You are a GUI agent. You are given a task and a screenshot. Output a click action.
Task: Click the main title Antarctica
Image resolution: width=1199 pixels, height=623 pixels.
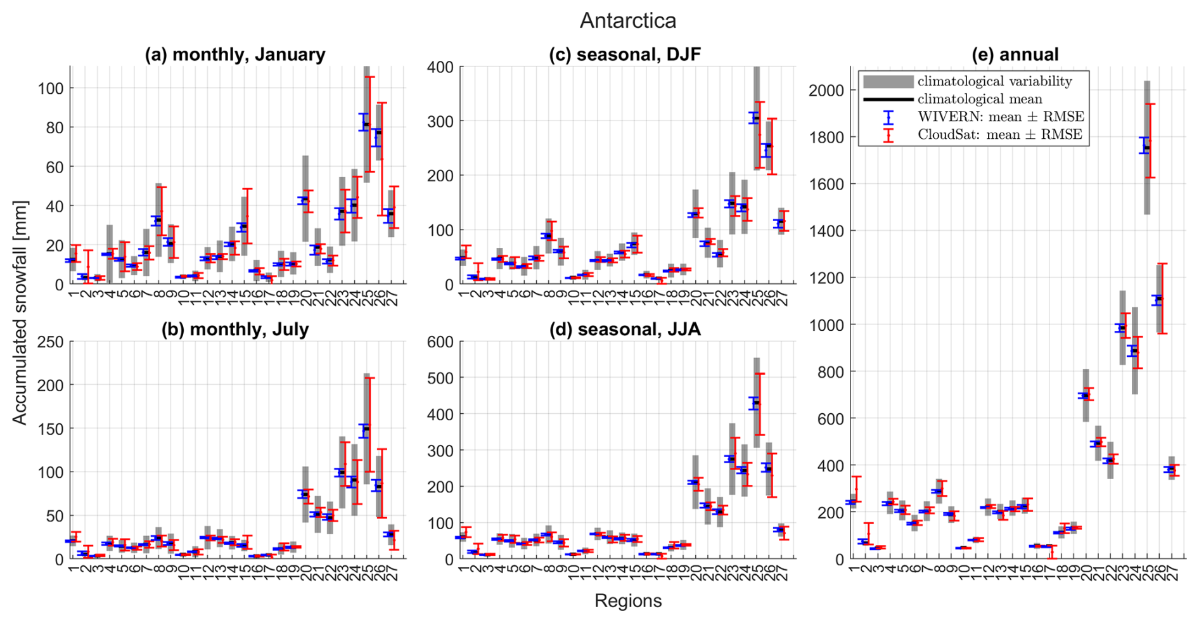(x=627, y=20)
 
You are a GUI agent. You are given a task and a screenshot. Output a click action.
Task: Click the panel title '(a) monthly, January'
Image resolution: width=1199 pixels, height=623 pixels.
(x=235, y=55)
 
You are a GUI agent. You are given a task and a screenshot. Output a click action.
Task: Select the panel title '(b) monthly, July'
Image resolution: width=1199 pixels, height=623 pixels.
(x=235, y=330)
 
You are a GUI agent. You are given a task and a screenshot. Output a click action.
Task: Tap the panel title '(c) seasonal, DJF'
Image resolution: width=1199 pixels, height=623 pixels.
(x=625, y=55)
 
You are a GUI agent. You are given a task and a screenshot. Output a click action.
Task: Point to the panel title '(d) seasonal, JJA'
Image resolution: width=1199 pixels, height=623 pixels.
(x=625, y=330)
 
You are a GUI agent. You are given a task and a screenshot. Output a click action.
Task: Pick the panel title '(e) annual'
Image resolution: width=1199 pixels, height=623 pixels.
(x=1015, y=55)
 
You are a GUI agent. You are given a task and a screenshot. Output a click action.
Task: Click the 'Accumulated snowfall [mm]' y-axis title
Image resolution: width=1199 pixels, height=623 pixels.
(x=20, y=312)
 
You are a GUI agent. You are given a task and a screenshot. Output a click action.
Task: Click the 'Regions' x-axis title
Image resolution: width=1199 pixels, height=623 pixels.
(x=627, y=601)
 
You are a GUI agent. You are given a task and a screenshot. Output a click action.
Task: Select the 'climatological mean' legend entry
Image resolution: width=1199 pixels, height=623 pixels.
(x=980, y=99)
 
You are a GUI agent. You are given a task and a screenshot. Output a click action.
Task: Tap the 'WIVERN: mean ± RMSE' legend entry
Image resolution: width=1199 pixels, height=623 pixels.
(x=1001, y=117)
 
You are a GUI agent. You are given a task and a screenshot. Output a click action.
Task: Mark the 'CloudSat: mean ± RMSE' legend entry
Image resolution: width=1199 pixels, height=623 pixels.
(x=999, y=134)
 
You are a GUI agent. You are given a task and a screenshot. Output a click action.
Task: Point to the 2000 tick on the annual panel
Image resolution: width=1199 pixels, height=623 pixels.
(x=826, y=90)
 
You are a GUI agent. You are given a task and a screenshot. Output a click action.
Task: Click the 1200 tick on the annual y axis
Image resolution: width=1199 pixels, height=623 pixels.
(x=826, y=278)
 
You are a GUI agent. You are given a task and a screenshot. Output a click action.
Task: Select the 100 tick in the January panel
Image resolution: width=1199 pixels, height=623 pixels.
(x=51, y=88)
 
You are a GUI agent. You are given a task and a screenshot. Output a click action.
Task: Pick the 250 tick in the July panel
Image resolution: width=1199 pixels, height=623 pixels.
(x=51, y=342)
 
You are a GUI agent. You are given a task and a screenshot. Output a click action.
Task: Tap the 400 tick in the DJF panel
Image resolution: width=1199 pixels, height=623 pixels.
(x=442, y=67)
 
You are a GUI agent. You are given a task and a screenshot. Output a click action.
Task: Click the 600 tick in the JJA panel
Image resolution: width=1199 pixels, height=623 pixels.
(x=442, y=342)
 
